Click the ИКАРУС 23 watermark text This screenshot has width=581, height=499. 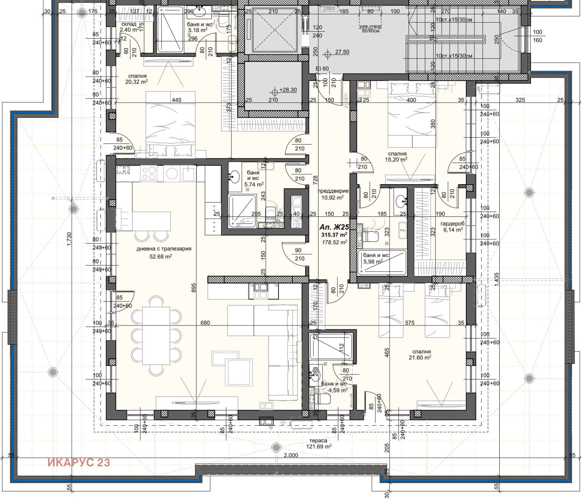click(x=78, y=462)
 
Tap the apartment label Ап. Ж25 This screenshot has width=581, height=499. click(x=334, y=227)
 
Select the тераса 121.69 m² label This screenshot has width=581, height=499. click(x=318, y=443)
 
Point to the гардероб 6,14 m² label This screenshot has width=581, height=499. click(x=452, y=227)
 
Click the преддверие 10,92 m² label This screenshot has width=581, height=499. click(x=333, y=194)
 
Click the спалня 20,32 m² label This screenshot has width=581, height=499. click(x=137, y=79)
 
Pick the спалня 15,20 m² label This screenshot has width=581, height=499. click(x=397, y=157)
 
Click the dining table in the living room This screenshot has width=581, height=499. click(x=156, y=336)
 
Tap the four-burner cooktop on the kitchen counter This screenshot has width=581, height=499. click(x=149, y=173)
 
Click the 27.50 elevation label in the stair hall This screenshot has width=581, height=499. click(x=342, y=52)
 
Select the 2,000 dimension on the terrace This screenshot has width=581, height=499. click(x=290, y=455)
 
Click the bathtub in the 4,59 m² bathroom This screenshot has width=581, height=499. click(x=331, y=345)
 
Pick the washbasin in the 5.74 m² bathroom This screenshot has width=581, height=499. click(x=235, y=178)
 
